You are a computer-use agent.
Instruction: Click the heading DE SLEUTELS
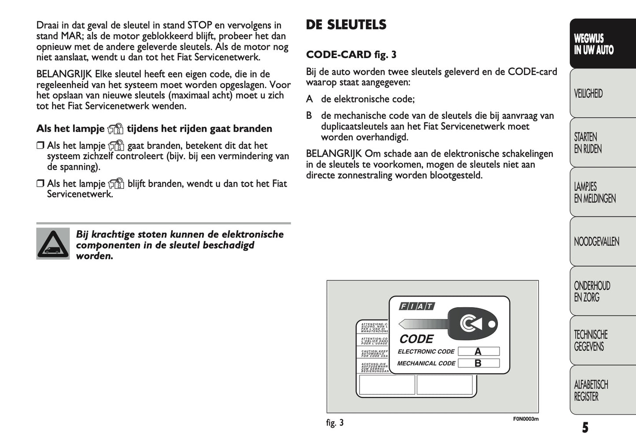click(x=346, y=25)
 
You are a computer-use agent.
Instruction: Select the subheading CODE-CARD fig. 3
click(x=351, y=55)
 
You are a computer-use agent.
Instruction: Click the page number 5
click(x=585, y=427)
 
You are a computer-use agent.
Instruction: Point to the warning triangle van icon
click(x=53, y=243)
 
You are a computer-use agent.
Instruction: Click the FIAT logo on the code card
click(x=417, y=306)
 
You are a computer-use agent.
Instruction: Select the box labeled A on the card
click(x=478, y=351)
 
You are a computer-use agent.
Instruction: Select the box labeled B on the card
click(x=478, y=364)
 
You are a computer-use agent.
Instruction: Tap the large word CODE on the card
click(x=416, y=339)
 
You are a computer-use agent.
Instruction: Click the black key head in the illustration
click(x=472, y=324)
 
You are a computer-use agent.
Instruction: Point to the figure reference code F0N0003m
click(x=526, y=419)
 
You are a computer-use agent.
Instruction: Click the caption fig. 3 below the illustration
click(x=335, y=423)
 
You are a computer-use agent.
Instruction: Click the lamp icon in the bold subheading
click(x=116, y=129)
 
